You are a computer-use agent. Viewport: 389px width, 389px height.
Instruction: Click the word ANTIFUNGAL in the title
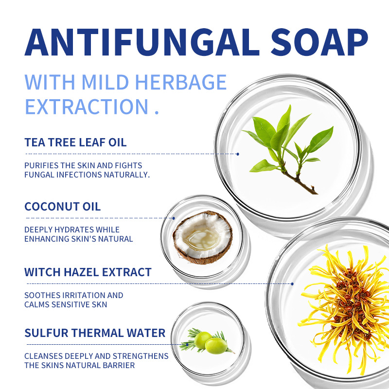[142, 42]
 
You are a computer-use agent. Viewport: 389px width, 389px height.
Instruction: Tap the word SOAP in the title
[319, 42]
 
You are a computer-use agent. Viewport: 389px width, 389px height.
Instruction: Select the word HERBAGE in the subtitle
[181, 82]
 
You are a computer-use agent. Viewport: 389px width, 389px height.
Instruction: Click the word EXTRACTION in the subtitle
[87, 106]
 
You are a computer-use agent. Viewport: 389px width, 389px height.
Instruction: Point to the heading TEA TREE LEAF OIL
[75, 142]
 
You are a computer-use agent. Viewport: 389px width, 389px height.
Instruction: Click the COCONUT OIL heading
[63, 206]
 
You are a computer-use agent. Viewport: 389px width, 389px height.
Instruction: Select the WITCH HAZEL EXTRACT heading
[88, 272]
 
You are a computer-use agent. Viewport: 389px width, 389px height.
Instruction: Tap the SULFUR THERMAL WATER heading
[95, 333]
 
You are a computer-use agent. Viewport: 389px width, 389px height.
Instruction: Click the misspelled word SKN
[99, 304]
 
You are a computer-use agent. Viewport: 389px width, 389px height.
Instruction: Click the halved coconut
[202, 237]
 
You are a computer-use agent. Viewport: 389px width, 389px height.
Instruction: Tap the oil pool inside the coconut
[202, 238]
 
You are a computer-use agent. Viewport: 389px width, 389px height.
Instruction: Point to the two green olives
[211, 342]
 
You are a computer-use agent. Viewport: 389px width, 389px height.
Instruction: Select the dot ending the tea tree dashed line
[238, 154]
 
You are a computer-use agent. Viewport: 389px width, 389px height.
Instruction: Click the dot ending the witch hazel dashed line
[292, 284]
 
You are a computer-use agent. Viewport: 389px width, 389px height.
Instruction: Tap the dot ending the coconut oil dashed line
[174, 218]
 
